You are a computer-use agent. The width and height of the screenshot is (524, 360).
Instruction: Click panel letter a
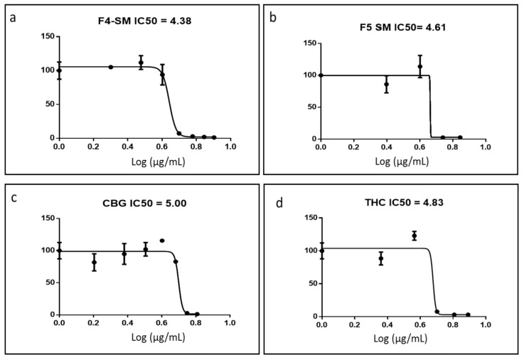coord(13,16)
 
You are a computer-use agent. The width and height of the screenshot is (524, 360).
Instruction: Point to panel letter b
coord(274,16)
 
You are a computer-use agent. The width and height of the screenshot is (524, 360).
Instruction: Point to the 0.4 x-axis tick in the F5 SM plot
coord(386,148)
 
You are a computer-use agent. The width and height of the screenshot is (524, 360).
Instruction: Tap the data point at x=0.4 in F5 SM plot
coord(386,84)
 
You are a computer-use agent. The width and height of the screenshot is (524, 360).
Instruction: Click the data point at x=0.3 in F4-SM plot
coord(111,67)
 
